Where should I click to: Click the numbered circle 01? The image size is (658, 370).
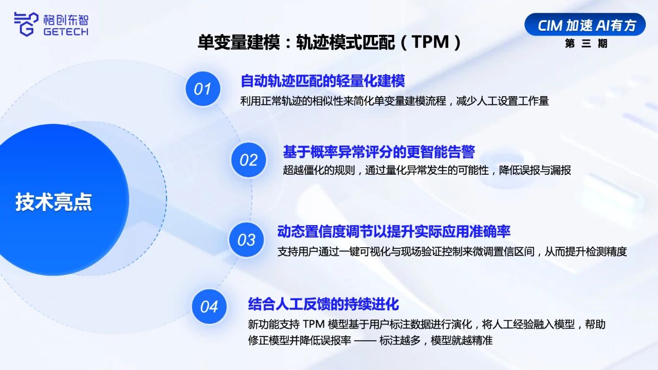point(203,89)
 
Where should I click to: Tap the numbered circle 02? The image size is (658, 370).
point(248,160)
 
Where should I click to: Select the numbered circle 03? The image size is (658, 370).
point(246,239)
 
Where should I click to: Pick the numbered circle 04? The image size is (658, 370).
point(209,307)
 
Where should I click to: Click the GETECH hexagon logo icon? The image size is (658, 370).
point(26,24)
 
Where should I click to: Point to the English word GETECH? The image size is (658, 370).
point(66,31)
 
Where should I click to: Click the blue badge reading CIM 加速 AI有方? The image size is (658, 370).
point(585,25)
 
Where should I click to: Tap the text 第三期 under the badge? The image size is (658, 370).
point(586,44)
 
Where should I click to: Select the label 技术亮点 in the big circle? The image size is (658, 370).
point(54,202)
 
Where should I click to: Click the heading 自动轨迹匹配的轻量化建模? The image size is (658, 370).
point(322,81)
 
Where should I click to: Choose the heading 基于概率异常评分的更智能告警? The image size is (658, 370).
point(379,152)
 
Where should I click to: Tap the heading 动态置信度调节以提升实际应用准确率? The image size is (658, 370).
point(394,232)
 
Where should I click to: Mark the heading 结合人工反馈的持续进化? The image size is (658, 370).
point(323,304)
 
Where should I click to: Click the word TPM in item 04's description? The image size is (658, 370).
point(314,324)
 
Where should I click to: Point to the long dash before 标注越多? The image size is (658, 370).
point(365,341)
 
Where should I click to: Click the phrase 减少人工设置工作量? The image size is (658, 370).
point(502,101)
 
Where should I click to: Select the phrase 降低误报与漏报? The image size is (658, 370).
point(535,170)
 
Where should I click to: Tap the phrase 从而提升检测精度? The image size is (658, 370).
point(586,252)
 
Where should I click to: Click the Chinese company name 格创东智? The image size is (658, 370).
point(66,20)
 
